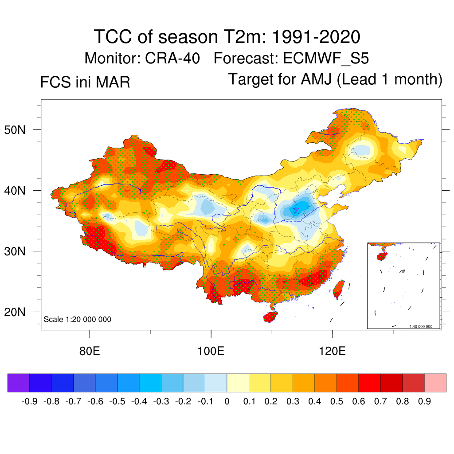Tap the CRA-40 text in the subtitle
[x=172, y=59]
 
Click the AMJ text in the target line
[x=317, y=80]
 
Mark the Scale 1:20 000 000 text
[x=78, y=320]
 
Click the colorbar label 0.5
[x=337, y=402]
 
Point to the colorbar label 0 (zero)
[x=227, y=402]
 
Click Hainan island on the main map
[x=270, y=317]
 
